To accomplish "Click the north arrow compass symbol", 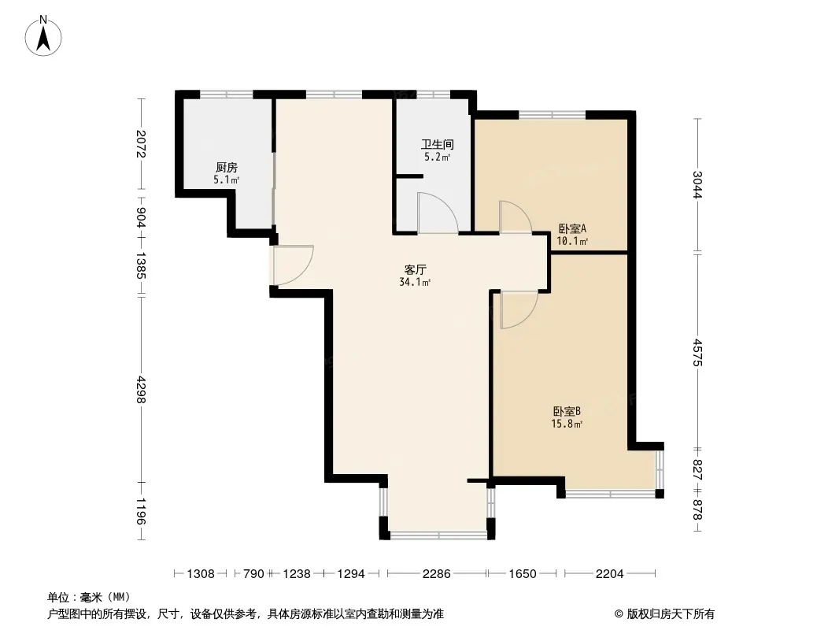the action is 43,36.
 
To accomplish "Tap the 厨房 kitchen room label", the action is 227,168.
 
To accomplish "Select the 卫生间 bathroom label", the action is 437,145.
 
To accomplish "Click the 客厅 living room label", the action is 416,270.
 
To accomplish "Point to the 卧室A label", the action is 572,228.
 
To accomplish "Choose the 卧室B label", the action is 567,412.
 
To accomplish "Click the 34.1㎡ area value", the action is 416,282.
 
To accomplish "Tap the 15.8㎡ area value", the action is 567,424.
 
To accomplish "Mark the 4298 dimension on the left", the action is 141,389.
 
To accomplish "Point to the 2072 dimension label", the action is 141,144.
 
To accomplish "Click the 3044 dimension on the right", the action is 697,184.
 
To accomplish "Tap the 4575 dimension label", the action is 697,352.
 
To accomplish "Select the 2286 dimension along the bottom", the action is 437,574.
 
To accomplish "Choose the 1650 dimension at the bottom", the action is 523,574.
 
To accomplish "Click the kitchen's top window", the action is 226,94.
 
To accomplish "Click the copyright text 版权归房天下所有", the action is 671,614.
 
